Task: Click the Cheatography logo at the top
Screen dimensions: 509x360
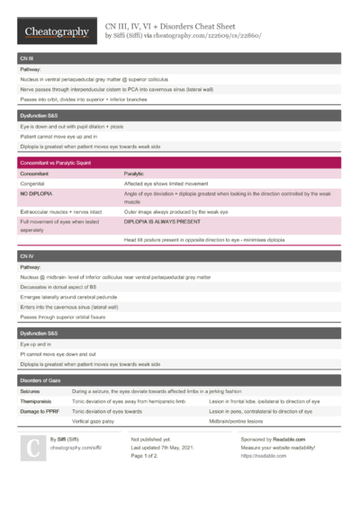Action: tap(56, 31)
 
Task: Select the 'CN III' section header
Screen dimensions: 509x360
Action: tap(27, 58)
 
